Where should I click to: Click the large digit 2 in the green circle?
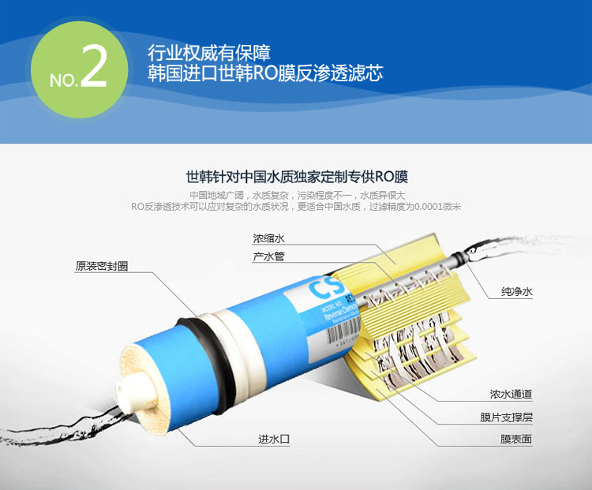[x=93, y=69]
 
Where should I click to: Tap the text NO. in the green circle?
[x=63, y=79]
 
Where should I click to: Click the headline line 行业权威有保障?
[x=209, y=54]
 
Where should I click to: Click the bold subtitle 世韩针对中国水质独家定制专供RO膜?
[x=296, y=176]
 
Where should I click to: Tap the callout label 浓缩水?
[x=268, y=237]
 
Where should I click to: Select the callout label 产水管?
[x=268, y=257]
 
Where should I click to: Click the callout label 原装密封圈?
[x=101, y=266]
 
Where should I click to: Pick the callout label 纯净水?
[x=517, y=292]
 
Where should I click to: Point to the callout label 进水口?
[x=273, y=438]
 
